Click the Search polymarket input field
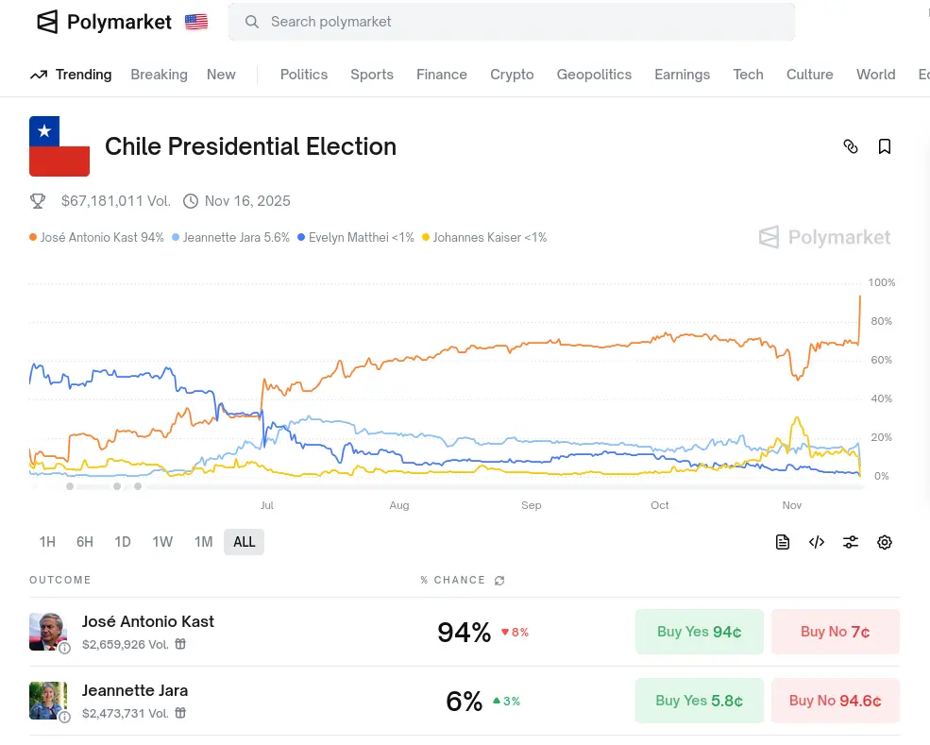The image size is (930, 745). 510,22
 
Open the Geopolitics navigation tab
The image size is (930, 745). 594,75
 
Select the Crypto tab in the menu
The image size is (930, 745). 512,75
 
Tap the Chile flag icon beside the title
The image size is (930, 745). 59,146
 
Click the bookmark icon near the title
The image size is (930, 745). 885,146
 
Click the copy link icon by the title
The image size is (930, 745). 851,146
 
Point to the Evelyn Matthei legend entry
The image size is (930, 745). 356,238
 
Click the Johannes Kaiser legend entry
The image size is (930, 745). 484,238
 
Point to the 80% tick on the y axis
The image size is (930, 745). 880,321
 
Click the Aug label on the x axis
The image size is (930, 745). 399,505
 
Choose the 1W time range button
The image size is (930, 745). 162,542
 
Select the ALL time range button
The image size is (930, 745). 244,542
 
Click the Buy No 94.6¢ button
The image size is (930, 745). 835,701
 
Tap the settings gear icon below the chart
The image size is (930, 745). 885,542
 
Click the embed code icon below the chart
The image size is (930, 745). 817,542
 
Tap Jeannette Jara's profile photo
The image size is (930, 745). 48,701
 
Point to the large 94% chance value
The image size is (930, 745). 464,632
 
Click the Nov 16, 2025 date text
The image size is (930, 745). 247,201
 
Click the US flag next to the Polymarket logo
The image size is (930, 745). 196,22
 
